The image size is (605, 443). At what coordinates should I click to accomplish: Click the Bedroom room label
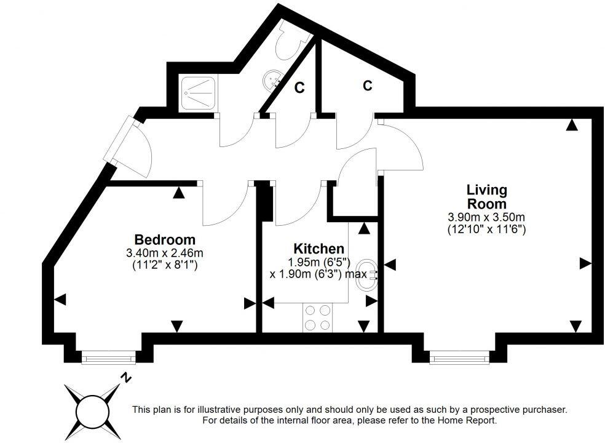point(165,239)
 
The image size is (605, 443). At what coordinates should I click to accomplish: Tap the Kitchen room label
point(318,249)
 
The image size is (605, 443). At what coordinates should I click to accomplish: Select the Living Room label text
point(486,196)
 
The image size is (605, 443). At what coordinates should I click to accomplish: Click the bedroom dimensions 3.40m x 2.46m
point(165,253)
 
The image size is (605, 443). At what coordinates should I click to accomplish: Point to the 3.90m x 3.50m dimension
point(486,217)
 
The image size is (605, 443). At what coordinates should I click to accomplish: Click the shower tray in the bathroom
point(198,94)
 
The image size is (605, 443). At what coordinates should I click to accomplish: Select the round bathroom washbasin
point(273,79)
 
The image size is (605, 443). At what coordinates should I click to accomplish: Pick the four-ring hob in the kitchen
point(317,319)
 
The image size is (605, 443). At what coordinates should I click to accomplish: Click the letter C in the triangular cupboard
point(299,88)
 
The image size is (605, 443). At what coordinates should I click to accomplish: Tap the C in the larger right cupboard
point(367,86)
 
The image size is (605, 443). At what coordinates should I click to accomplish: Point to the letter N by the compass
point(125,377)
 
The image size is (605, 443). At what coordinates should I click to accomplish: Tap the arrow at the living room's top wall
point(572,125)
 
